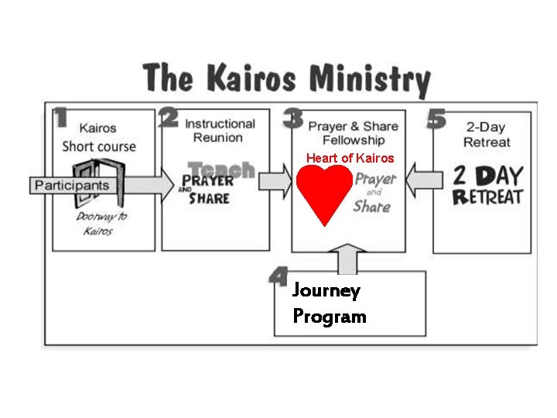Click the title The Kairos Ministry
tap(286, 79)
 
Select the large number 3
tap(293, 118)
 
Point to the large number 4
tap(278, 276)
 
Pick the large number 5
tap(436, 118)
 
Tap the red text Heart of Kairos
tap(350, 158)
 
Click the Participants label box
tap(71, 185)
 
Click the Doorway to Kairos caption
tap(101, 223)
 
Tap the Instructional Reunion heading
tap(219, 130)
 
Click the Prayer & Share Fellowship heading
tap(353, 132)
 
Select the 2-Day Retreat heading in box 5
tap(487, 133)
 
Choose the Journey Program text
tap(329, 303)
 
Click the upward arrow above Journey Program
tap(348, 259)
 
